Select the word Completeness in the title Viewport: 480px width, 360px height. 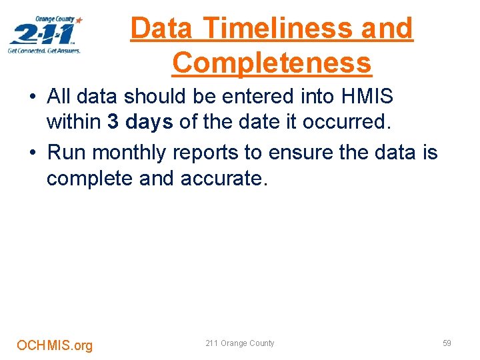[271, 63]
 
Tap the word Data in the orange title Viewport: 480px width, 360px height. [162, 28]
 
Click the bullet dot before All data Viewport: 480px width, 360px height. [33, 97]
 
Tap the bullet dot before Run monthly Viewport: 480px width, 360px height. [33, 153]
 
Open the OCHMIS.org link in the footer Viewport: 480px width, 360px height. [55, 345]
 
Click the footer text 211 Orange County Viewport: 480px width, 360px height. [239, 343]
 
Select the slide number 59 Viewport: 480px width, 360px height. [447, 343]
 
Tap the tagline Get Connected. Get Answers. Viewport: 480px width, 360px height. [44, 51]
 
